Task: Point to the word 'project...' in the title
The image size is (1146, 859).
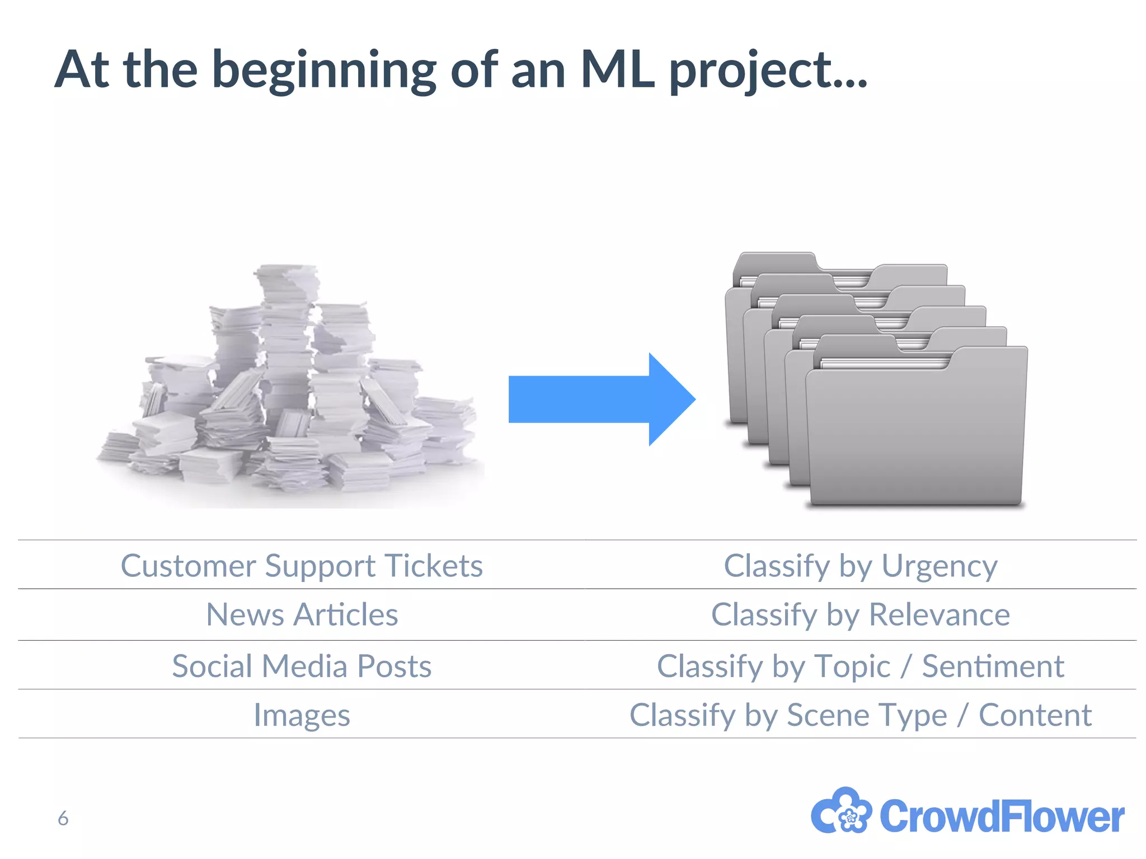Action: [x=768, y=71]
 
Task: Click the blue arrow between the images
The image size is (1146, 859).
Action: [x=602, y=399]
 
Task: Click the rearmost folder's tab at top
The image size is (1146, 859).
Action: [x=775, y=262]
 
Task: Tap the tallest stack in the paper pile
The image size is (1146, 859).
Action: [x=286, y=336]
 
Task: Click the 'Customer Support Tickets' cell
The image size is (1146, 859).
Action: [x=302, y=565]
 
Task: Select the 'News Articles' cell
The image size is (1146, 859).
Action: [x=302, y=614]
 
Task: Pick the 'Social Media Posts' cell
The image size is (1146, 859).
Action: [x=302, y=666]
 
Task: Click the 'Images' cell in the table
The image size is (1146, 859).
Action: [x=302, y=715]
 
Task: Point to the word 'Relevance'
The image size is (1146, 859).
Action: [x=940, y=614]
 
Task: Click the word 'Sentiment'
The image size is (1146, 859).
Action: [x=993, y=666]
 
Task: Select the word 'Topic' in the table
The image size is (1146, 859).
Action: [x=852, y=666]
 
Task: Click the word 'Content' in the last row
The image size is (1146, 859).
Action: [x=1035, y=715]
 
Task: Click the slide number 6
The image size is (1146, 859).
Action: [x=63, y=818]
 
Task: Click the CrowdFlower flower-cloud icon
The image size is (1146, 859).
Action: [x=841, y=812]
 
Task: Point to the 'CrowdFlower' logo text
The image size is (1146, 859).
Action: [x=1002, y=816]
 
